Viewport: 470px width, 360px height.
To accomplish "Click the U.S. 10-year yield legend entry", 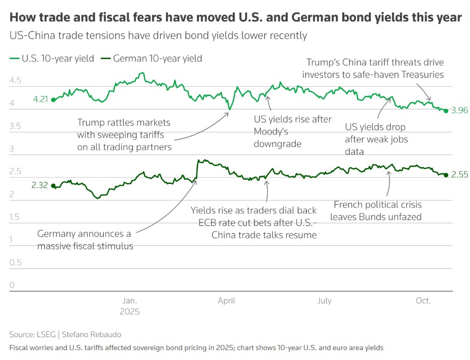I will pyautogui.click(x=52, y=59).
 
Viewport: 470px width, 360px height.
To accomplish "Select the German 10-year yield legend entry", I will pyautogui.click(x=151, y=59).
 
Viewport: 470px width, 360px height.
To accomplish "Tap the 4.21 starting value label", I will pyautogui.click(x=40, y=99).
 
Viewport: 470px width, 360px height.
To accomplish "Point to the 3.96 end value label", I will pyautogui.click(x=460, y=111).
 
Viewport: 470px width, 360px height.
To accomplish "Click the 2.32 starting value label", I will pyautogui.click(x=40, y=185).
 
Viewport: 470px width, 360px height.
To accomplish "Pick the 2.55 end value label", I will pyautogui.click(x=460, y=175).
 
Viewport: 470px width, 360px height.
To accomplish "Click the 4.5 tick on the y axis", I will pyautogui.click(x=15, y=81).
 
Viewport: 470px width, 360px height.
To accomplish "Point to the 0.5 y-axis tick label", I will pyautogui.click(x=15, y=262).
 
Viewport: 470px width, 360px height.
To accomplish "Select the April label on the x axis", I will pyautogui.click(x=226, y=301).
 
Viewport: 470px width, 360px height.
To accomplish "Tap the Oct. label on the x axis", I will pyautogui.click(x=423, y=301).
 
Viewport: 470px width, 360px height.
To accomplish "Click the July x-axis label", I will pyautogui.click(x=325, y=301).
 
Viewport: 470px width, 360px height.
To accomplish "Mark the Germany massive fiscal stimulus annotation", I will pyautogui.click(x=85, y=240).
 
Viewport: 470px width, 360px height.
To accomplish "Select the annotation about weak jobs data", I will pyautogui.click(x=376, y=139).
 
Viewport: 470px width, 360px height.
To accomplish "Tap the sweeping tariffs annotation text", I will pyautogui.click(x=124, y=135).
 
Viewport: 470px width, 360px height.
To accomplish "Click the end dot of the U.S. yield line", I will pyautogui.click(x=446, y=111).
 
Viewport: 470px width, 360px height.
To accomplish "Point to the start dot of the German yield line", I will pyautogui.click(x=53, y=185).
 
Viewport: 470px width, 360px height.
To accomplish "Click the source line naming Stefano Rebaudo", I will pyautogui.click(x=65, y=335).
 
